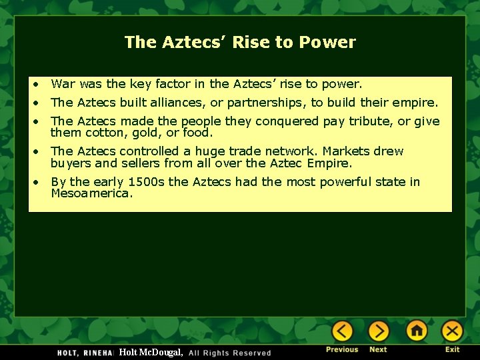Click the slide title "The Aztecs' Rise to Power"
240,42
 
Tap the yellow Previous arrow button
343,331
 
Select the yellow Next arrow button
379,331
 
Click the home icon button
417,331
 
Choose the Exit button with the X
452,331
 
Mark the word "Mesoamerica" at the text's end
91,194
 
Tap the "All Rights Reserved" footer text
230,353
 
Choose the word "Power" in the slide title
327,42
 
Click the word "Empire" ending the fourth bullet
329,163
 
